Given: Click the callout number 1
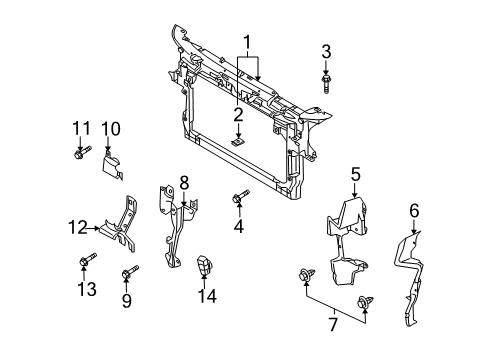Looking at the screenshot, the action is pos(247,43).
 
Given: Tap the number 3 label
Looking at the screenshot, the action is pos(326,52).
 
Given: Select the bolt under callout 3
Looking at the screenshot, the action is pos(326,84).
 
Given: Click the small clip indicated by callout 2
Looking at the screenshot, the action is pos(238,142).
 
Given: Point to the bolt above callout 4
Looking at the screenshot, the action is pos(240,196).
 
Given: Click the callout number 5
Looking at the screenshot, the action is pos(356,174).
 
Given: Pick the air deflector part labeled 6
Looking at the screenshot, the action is pos(409,278).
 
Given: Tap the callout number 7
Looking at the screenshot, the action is pos(333,325).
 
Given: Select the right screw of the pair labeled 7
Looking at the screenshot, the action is pos(365,302).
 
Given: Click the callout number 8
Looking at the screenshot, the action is pos(184,183).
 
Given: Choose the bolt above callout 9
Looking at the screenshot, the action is pos(130,272).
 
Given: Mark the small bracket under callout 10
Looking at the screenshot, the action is pos(112,165).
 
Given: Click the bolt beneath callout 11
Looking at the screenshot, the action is pos(82,153).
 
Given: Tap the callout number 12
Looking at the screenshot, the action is pos(78,227).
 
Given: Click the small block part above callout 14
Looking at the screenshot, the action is pos(204,266).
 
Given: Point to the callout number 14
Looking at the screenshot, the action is pos(207,295).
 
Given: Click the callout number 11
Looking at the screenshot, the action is pos(81,128).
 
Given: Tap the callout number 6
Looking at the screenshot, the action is pos(414,211).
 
